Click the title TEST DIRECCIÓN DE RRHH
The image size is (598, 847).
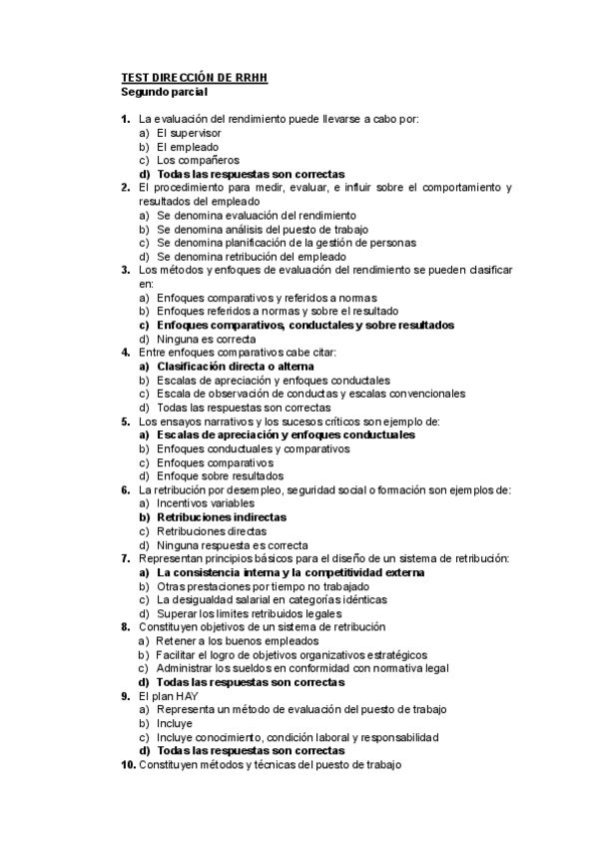tap(194, 77)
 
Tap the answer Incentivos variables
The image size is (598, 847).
tap(204, 503)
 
